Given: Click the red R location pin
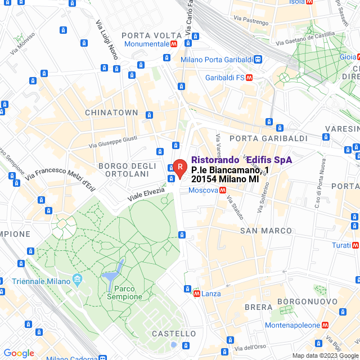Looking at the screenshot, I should pos(179,167).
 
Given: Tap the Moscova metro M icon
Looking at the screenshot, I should pos(223,190).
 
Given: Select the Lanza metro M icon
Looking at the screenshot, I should pos(196,294).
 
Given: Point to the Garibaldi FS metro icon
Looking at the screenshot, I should pos(249,77).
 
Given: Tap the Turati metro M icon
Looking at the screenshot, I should pos(355,245).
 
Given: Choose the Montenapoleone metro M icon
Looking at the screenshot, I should pos(325,325).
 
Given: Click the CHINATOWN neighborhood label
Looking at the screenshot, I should pos(111,112).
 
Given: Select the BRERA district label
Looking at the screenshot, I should pos(259,307).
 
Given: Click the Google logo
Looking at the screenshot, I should pos(19,353).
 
